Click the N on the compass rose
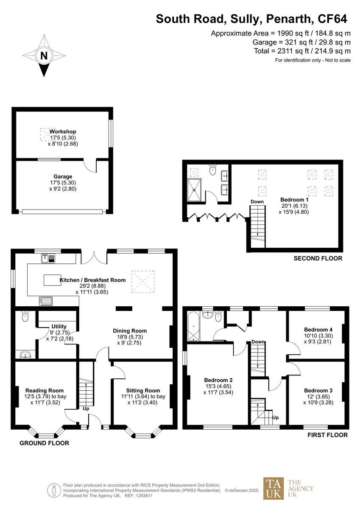[44, 56]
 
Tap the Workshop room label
[63, 131]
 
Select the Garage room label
[63, 176]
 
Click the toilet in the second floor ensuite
[213, 171]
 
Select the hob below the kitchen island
[46, 301]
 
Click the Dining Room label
[130, 331]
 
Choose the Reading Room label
[45, 391]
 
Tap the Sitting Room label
[143, 391]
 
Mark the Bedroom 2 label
[218, 380]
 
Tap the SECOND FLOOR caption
[318, 258]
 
